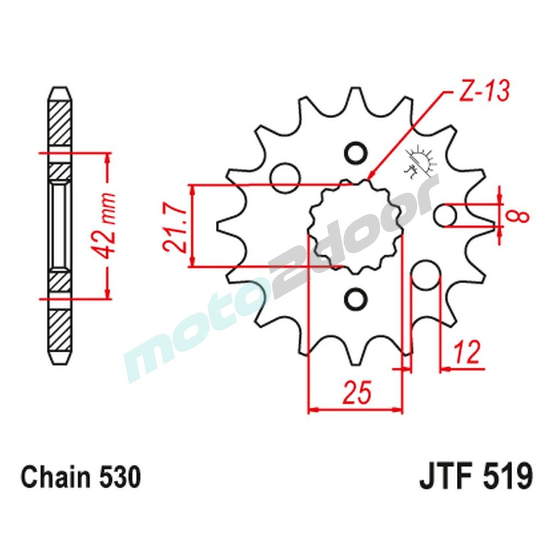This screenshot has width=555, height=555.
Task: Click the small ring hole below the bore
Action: point(355,299)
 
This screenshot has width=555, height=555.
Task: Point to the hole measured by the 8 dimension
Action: point(446,216)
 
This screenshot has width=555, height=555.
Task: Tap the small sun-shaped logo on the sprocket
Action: point(420,162)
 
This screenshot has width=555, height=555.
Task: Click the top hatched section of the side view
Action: point(60,125)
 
